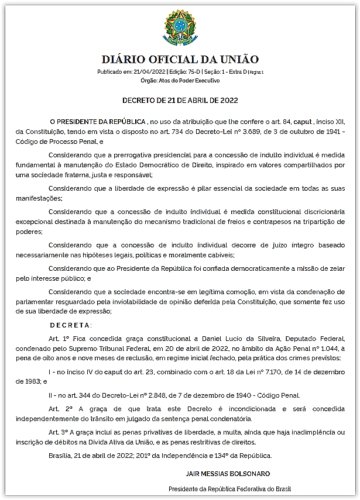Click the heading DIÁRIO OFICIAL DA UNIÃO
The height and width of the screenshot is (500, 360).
click(180, 60)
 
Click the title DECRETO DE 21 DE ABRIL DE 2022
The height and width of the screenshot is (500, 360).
click(180, 100)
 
